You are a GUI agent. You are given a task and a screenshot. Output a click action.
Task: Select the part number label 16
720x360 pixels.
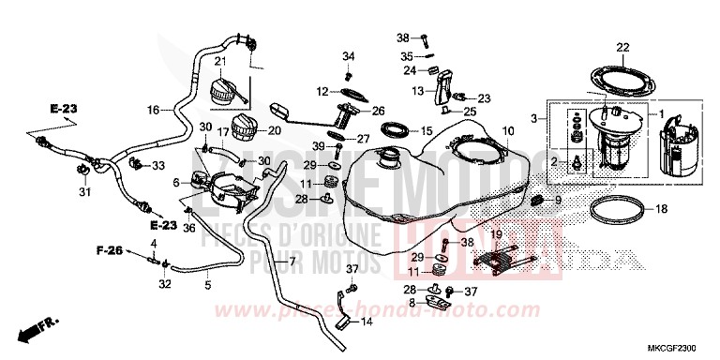click(x=153, y=110)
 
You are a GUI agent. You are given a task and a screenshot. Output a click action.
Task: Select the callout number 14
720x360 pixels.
click(x=367, y=322)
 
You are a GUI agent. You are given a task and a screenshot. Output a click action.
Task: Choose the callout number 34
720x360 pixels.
click(x=349, y=55)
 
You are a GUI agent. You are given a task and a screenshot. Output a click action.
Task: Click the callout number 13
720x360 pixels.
click(x=418, y=91)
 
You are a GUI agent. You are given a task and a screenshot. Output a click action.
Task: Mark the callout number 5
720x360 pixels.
click(x=208, y=285)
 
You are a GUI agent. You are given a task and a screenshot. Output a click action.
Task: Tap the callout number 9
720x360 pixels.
click(x=558, y=201)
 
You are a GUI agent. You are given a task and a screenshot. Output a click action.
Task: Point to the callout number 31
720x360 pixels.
click(x=83, y=194)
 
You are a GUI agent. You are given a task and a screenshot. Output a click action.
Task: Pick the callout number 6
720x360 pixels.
click(x=176, y=185)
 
